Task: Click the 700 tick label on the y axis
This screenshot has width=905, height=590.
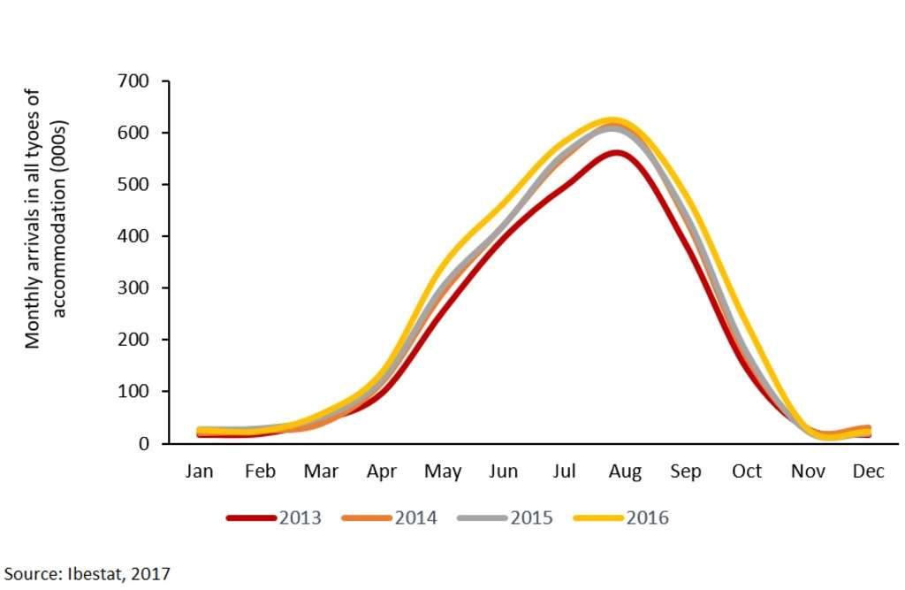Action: [133, 81]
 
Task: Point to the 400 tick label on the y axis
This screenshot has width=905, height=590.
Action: [133, 236]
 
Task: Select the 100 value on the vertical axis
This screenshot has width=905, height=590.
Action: [133, 392]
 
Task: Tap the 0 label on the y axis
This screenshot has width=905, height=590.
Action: [142, 443]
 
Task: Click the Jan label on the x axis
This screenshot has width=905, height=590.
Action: [199, 471]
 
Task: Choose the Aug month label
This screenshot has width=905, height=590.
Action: [625, 471]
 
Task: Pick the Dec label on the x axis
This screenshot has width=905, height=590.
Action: [868, 471]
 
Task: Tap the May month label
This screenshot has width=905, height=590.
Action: [443, 472]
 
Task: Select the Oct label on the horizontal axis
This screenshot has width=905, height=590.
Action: [746, 471]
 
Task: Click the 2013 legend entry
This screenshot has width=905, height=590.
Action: [300, 518]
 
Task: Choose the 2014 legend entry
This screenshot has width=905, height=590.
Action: [415, 518]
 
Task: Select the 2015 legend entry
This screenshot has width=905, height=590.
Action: [531, 518]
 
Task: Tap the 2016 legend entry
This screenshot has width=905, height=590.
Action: [647, 518]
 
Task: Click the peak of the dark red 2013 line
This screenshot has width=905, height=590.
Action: [617, 152]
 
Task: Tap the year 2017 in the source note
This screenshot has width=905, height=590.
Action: [150, 573]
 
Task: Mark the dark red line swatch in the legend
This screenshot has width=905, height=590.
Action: [251, 518]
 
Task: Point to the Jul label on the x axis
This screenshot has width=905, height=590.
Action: [564, 471]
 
